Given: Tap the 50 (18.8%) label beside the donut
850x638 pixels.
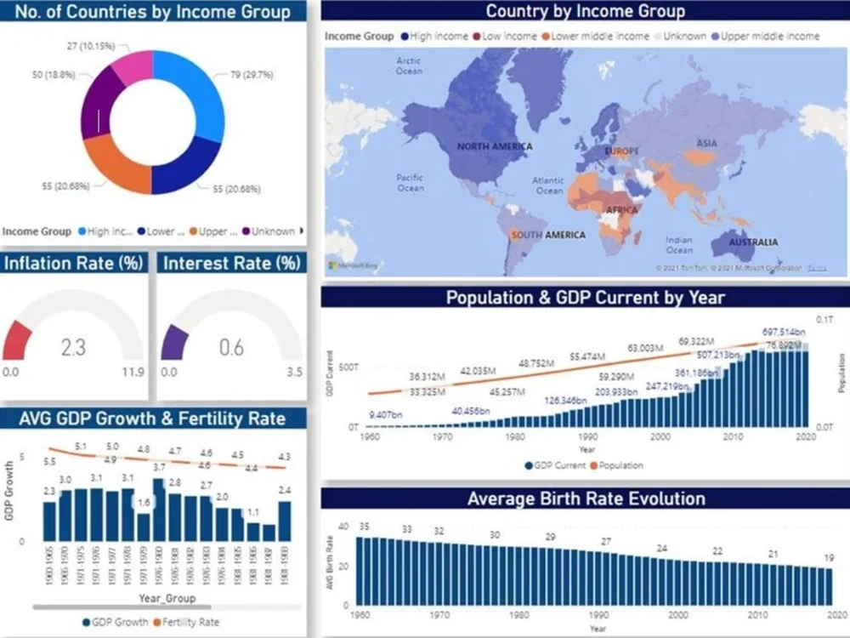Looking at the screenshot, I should tap(54, 75).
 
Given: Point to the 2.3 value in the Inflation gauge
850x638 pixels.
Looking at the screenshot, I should tap(73, 347).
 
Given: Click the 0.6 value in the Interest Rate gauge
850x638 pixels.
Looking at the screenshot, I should tap(231, 347).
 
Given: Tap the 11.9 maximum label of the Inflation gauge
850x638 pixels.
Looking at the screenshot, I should tap(133, 372).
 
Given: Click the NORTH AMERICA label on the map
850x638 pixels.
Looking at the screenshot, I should tap(495, 146).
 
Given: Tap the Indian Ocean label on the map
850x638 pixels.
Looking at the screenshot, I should tap(679, 245).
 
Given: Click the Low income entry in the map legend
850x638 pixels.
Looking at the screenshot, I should tap(510, 37).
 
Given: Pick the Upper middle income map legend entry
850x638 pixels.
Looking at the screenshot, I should tap(770, 37).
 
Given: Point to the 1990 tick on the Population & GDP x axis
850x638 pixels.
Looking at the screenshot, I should tap(587, 436).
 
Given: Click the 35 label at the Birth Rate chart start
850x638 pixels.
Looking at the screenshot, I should tap(363, 527).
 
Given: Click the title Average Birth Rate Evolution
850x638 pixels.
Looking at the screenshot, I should tap(586, 498).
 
